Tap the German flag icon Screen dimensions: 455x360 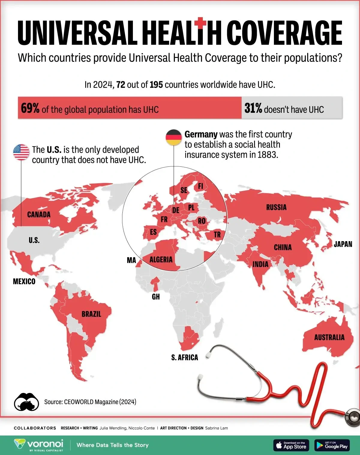click(174, 137)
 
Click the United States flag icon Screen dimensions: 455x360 click(21, 152)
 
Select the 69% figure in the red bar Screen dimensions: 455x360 click(30, 108)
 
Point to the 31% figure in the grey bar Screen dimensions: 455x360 click(253, 108)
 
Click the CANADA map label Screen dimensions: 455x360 click(39, 214)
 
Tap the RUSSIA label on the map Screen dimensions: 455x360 click(276, 207)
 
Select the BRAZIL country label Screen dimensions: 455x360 click(91, 314)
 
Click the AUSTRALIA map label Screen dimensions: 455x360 click(329, 337)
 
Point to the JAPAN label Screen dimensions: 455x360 click(343, 244)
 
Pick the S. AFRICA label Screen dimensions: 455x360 click(184, 357)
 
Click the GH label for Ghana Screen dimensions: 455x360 click(156, 297)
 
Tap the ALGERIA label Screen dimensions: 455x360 click(161, 259)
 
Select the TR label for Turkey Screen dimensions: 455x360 click(217, 235)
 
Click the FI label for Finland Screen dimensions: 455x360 click(200, 186)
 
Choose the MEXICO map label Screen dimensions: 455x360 click(24, 281)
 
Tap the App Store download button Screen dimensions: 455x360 click(291, 445)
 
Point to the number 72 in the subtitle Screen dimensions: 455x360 click(121, 85)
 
